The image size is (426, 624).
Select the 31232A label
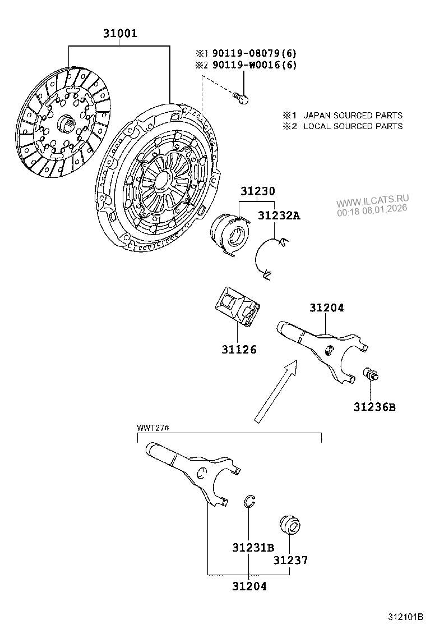[x=279, y=215]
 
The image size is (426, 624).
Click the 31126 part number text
[x=238, y=350]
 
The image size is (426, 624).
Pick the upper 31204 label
[x=326, y=308]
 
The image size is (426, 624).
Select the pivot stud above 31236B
[x=371, y=374]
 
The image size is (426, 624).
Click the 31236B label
[x=374, y=406]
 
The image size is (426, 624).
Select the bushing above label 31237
[x=289, y=525]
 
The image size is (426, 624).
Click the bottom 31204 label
[x=249, y=586]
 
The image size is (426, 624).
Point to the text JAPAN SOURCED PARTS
[x=353, y=115]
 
